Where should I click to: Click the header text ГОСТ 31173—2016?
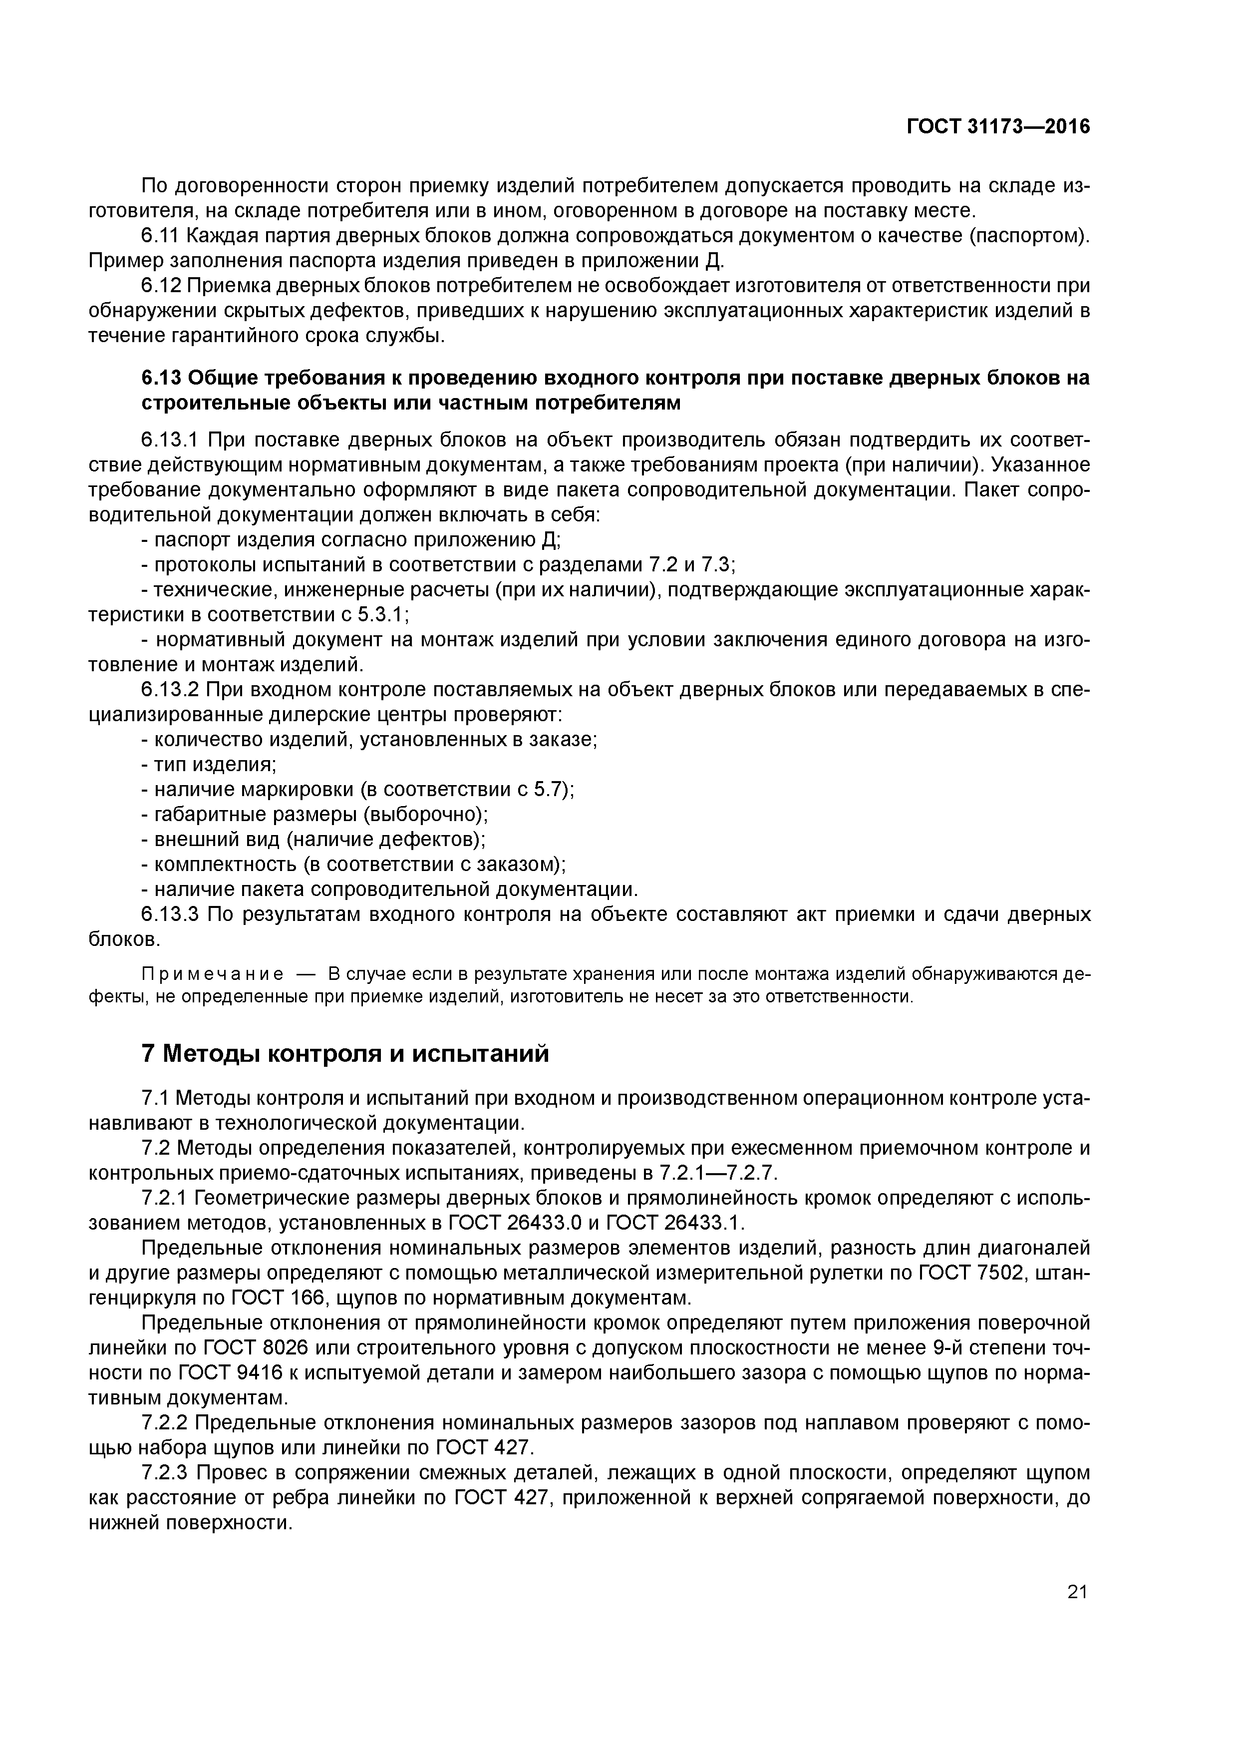click(998, 127)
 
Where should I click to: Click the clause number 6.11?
click(161, 236)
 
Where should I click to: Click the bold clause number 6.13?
click(162, 378)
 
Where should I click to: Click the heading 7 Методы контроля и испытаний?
click(345, 1054)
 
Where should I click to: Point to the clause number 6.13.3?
click(170, 914)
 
